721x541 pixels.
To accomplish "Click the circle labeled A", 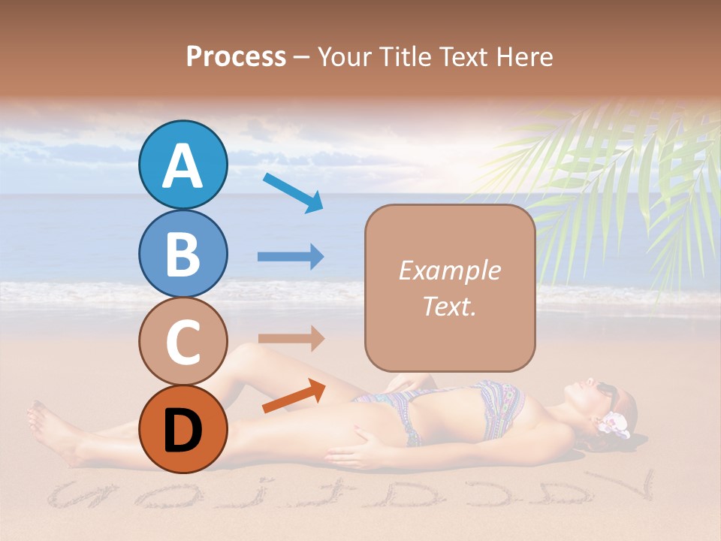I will coord(183,165).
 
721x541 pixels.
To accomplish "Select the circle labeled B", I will coord(183,253).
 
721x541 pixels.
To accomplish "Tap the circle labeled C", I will coord(183,341).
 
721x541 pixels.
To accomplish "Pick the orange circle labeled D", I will coord(183,429).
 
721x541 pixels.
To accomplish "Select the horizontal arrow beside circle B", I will coord(290,257).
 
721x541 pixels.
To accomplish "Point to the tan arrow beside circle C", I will coord(290,338).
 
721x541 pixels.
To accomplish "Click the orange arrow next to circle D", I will coord(294,396).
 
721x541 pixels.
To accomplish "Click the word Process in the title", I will coord(236,56).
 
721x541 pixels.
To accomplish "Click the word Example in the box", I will coord(449,270).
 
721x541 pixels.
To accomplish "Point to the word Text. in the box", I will coord(449,306).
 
